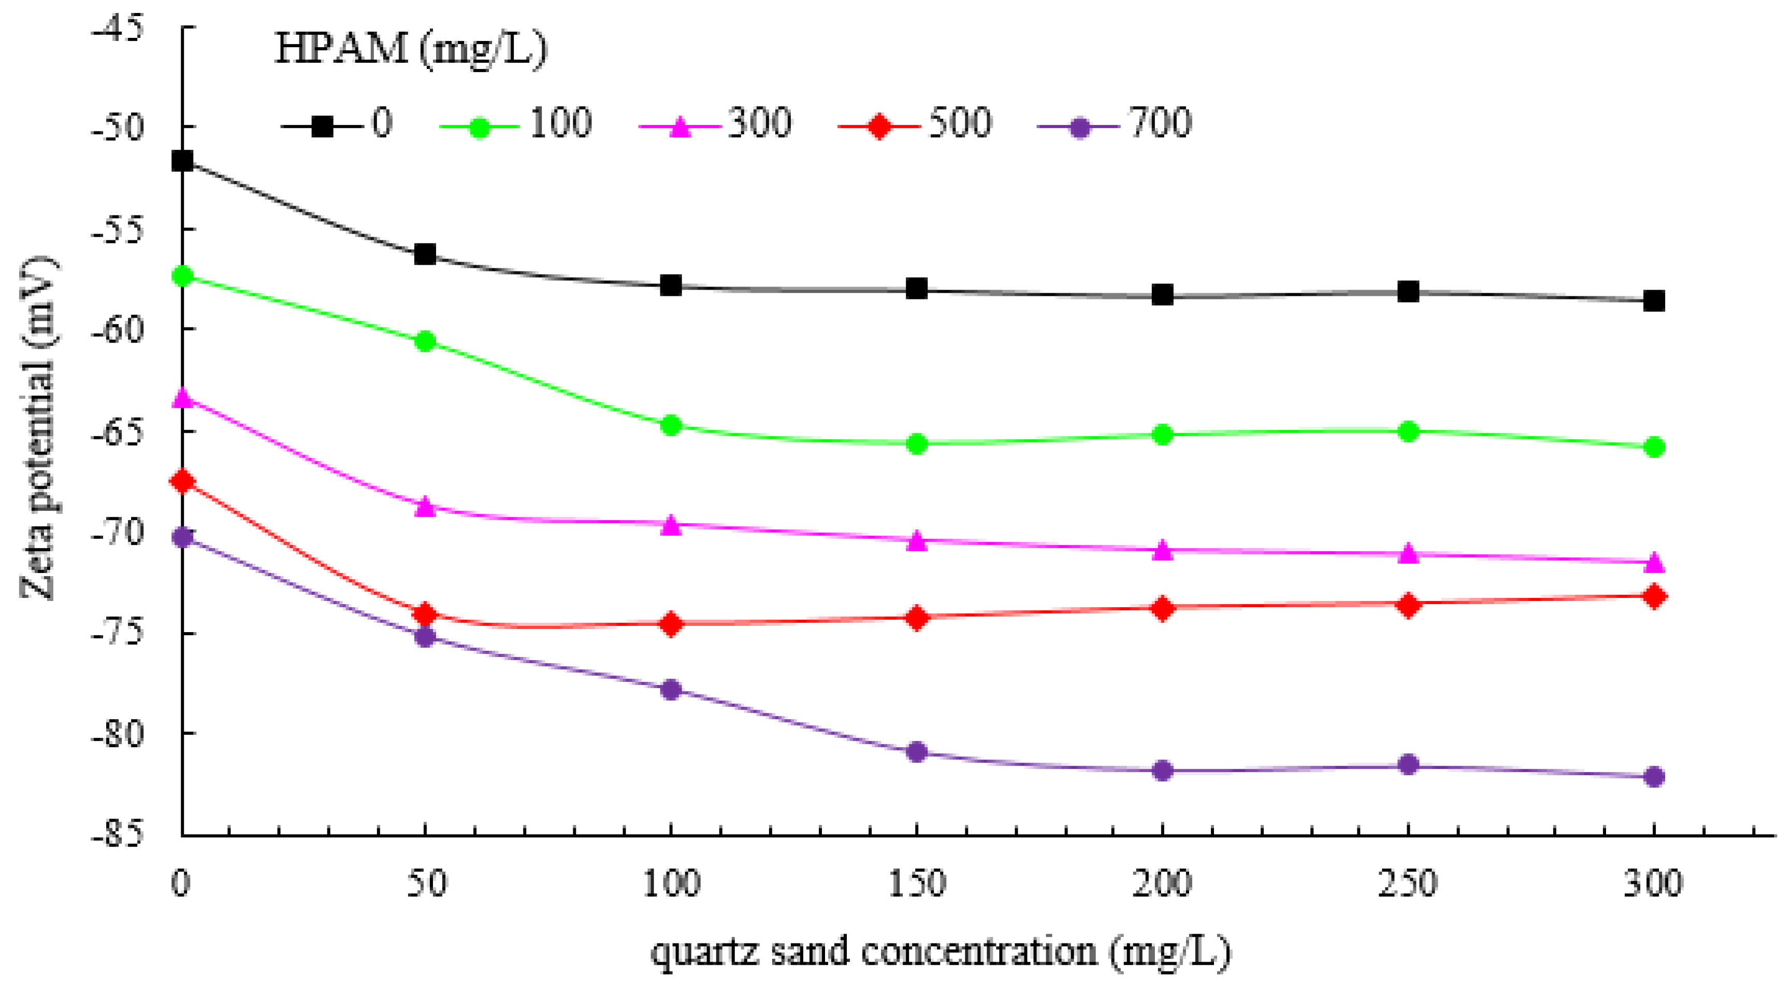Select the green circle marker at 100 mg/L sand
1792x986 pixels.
[671, 425]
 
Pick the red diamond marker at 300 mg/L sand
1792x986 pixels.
[1654, 596]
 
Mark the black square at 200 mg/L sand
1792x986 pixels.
[1162, 294]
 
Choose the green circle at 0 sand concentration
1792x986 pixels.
[182, 276]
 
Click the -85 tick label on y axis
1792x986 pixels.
[118, 833]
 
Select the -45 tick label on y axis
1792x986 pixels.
[118, 29]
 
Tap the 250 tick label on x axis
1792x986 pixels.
[1408, 884]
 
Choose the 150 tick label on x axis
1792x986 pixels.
[917, 884]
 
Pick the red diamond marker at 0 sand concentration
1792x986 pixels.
[182, 481]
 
